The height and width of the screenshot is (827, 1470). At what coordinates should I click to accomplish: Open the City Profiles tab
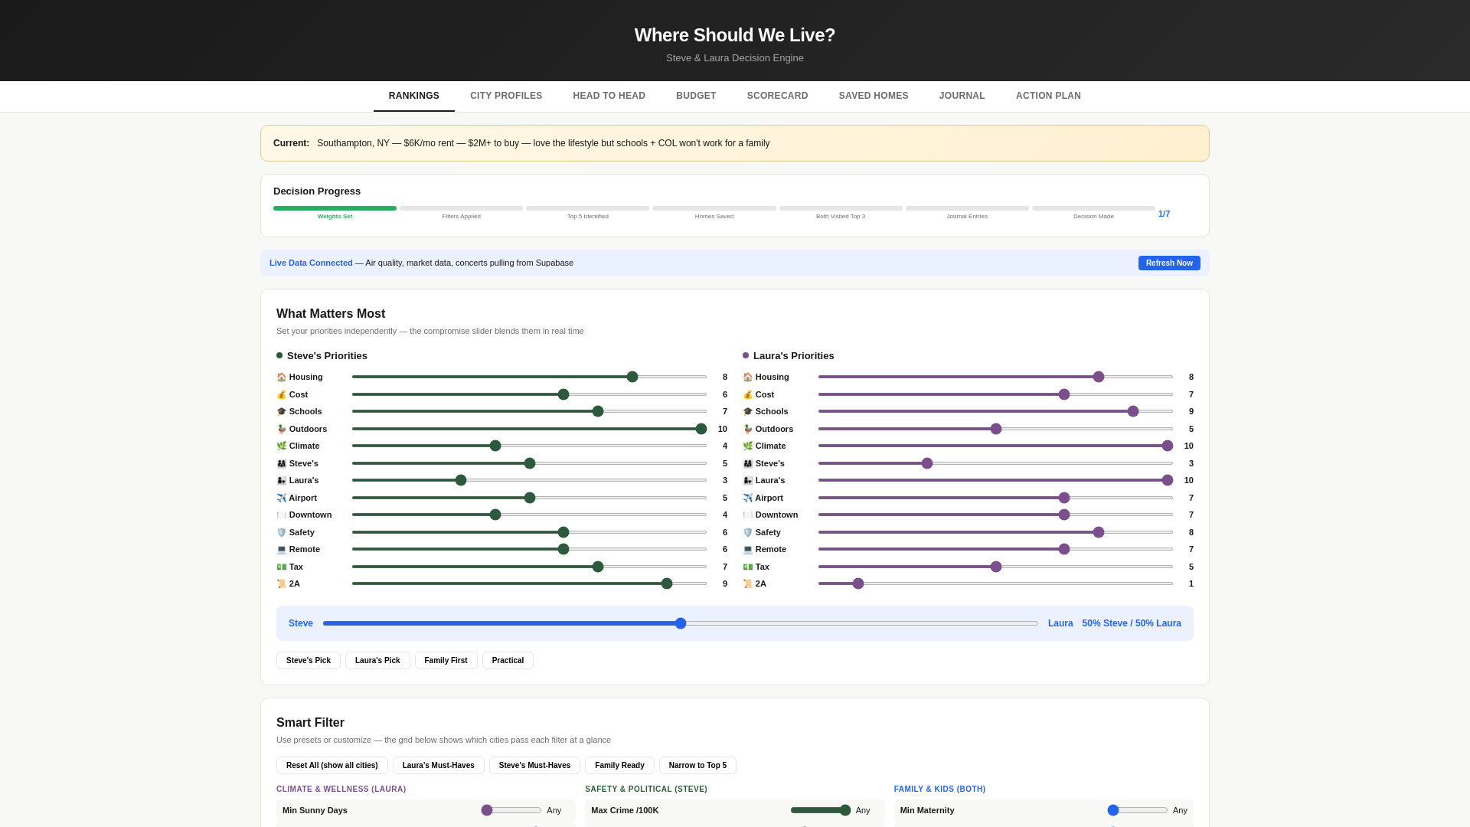point(506,96)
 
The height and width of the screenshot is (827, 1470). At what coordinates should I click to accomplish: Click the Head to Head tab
point(609,96)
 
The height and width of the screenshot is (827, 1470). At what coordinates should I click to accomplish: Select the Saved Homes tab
point(874,96)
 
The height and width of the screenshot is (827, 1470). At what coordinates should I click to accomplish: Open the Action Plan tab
point(1048,96)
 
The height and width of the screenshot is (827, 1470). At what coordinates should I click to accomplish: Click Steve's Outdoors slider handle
point(701,429)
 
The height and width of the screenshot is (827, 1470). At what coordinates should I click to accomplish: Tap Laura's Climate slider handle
point(1168,446)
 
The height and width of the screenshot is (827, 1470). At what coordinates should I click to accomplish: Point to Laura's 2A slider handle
point(858,583)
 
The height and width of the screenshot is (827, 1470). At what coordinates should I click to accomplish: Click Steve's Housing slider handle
point(632,377)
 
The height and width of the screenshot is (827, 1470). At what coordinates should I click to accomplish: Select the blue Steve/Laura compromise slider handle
point(681,623)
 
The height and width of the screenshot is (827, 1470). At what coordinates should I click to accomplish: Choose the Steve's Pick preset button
point(309,660)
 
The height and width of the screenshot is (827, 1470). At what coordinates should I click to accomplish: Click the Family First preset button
point(446,660)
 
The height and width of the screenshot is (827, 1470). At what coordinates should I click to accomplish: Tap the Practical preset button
point(508,660)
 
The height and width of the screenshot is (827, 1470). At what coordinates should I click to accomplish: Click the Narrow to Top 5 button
point(697,765)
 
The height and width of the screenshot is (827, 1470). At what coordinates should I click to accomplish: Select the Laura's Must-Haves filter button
point(438,765)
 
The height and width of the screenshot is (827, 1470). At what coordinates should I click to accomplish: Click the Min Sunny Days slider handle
point(487,810)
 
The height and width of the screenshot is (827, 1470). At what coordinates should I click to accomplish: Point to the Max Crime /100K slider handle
point(845,810)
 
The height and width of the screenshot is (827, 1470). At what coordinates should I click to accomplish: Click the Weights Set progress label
point(335,216)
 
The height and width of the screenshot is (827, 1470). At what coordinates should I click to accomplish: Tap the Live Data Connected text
point(311,263)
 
